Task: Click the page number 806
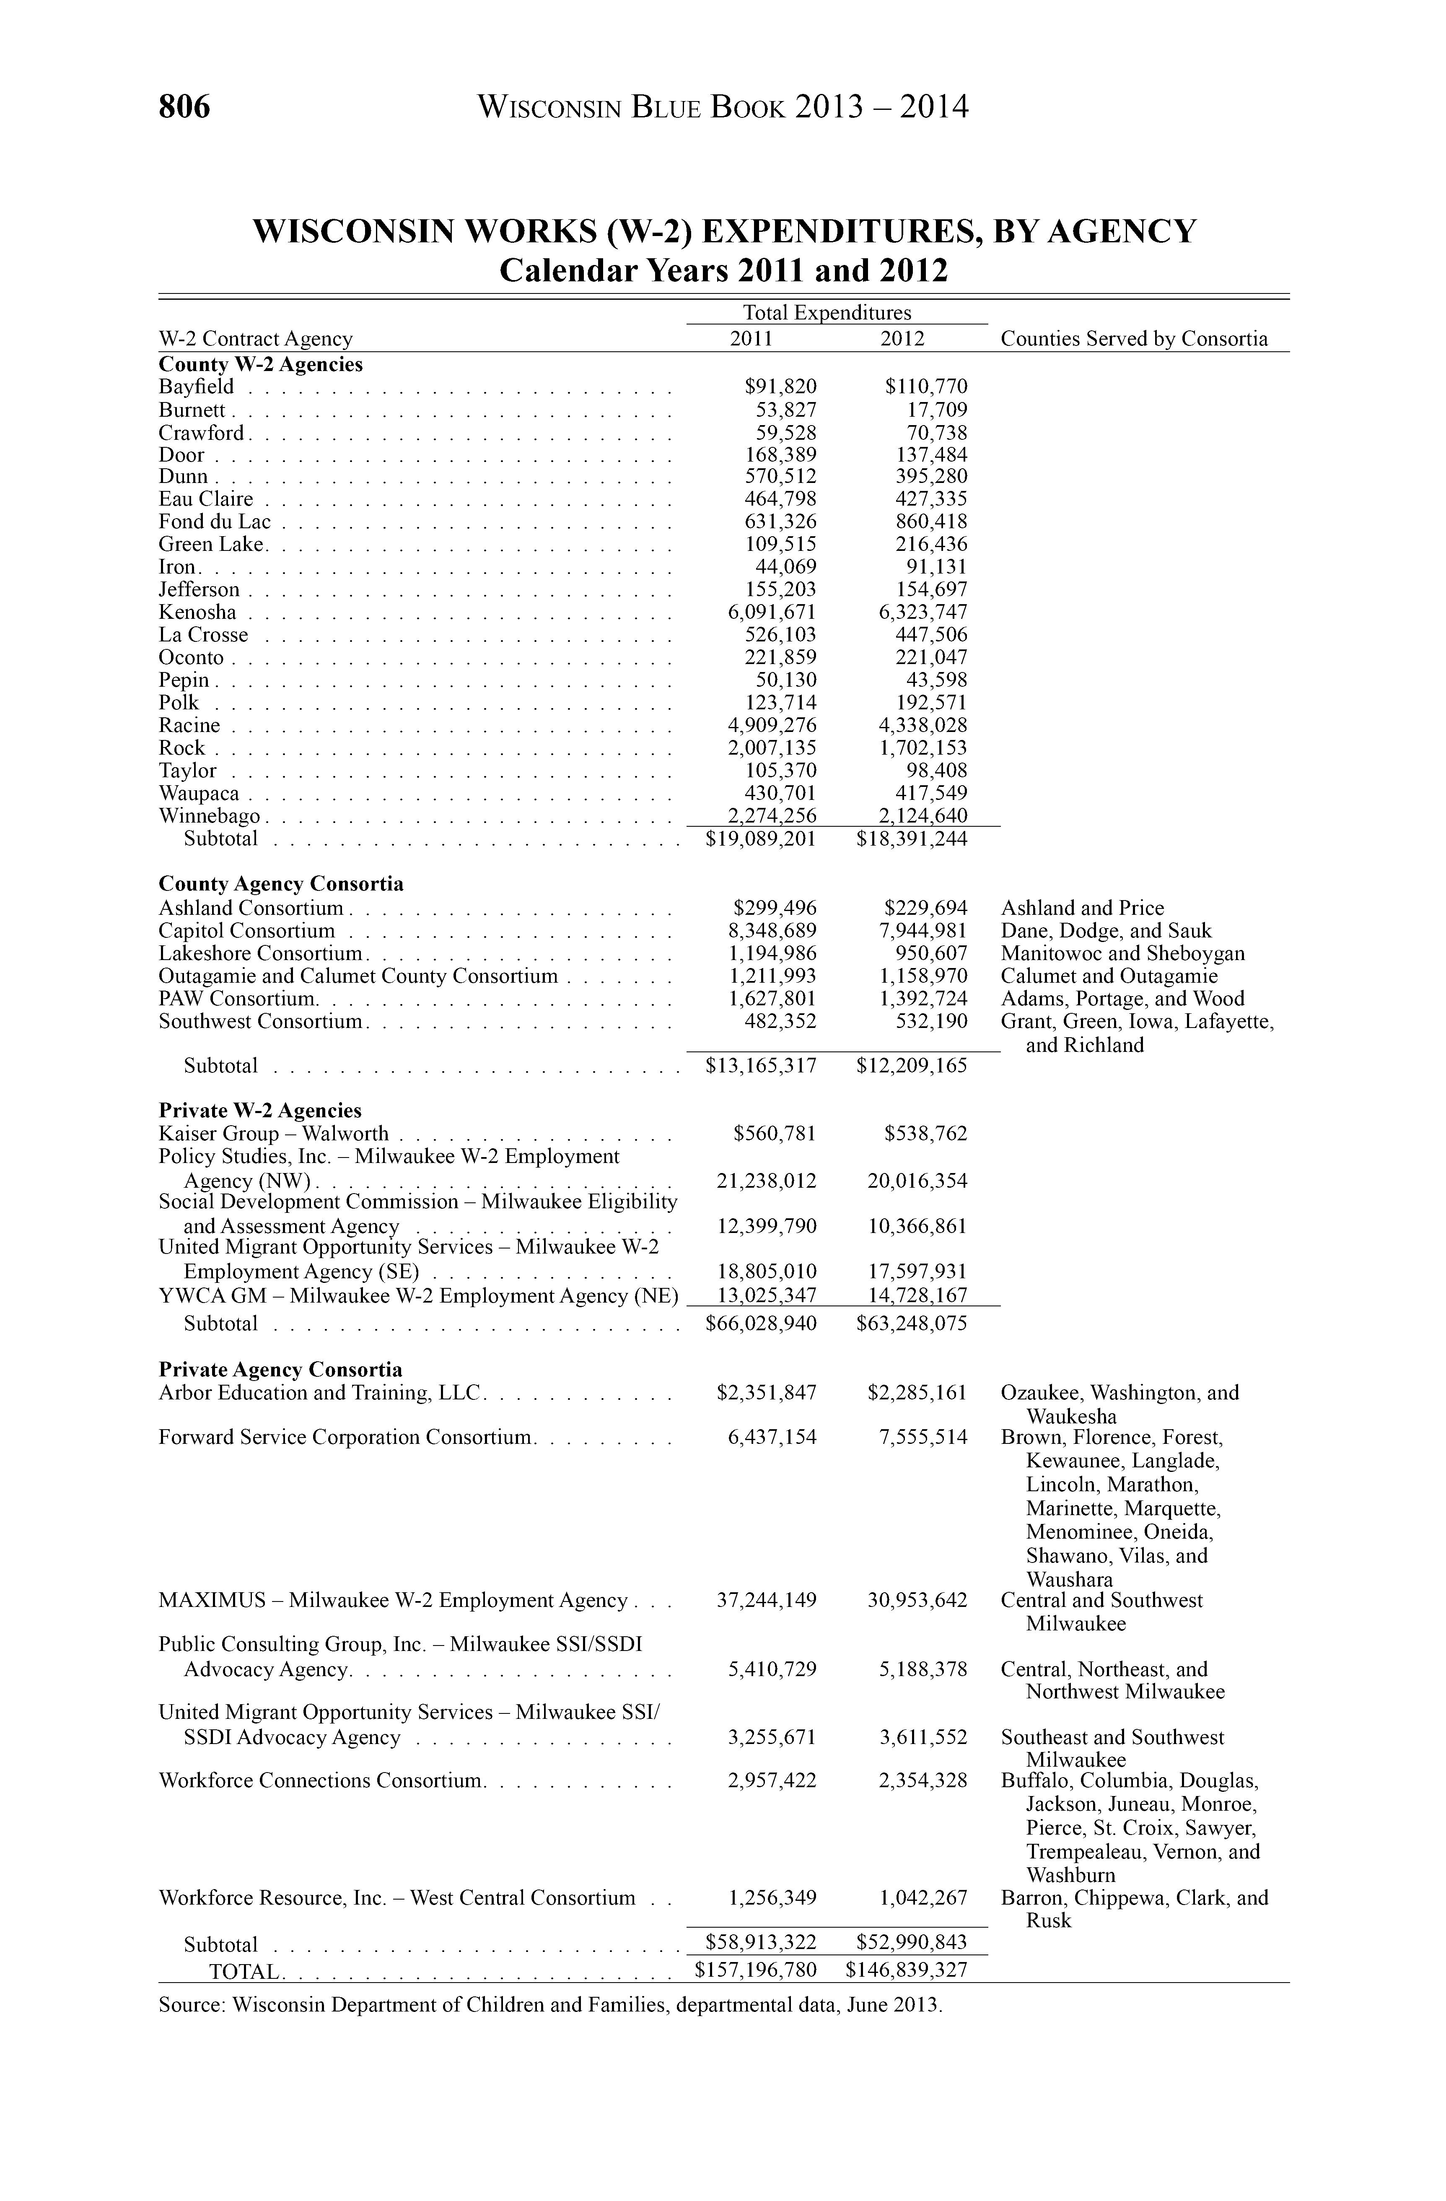coord(185,107)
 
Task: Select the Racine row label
coord(189,725)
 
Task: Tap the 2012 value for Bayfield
coord(926,387)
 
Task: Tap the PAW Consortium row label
coord(238,999)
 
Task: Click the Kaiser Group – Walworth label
coord(274,1134)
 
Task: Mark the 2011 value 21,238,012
coord(767,1181)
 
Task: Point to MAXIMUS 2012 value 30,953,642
coord(917,1600)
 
